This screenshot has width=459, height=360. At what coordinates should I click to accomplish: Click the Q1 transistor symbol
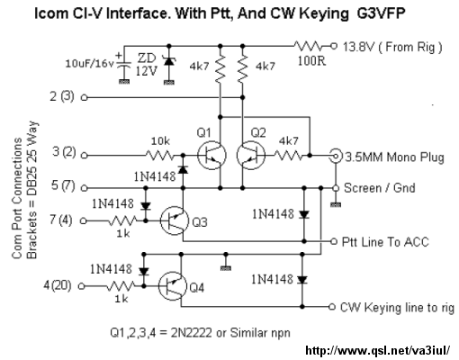(x=211, y=156)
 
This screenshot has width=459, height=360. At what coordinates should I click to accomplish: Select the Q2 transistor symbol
(x=251, y=156)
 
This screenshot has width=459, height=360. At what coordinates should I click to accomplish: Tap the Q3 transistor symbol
(x=175, y=220)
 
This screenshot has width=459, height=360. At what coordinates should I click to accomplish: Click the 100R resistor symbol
(x=308, y=46)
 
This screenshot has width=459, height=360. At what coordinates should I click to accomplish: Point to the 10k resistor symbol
(x=159, y=156)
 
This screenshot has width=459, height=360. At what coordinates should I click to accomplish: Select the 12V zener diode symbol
(x=169, y=61)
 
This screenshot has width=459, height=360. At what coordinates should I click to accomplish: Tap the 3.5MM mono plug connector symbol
(x=336, y=156)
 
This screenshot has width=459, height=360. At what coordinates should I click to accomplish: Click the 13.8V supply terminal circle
(x=333, y=46)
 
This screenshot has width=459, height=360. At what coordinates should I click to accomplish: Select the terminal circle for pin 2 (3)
(x=85, y=97)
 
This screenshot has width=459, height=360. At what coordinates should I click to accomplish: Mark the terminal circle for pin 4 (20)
(x=82, y=286)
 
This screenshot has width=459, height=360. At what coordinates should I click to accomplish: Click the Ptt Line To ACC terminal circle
(x=333, y=241)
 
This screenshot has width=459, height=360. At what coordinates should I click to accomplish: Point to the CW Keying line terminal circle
(x=331, y=307)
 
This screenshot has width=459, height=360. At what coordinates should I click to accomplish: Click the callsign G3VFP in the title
(x=381, y=13)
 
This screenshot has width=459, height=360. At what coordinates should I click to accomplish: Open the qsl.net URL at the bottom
(x=378, y=350)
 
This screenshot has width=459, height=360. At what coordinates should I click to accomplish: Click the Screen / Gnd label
(x=380, y=188)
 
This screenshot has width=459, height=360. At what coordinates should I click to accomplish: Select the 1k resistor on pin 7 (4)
(x=122, y=221)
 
